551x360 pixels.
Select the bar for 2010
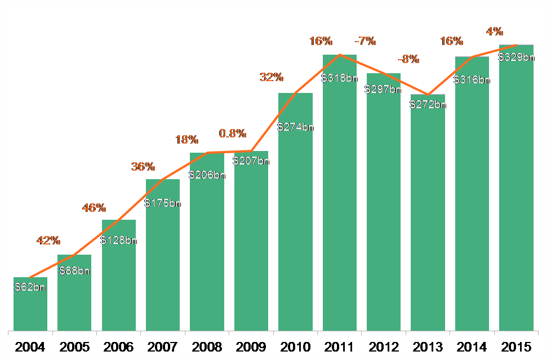point(295,225)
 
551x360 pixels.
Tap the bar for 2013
point(428,225)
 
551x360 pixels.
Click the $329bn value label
point(516,57)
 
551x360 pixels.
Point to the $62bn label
point(30,287)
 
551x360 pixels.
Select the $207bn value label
point(251,161)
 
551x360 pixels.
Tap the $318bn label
point(339,78)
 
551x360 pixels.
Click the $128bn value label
point(118,241)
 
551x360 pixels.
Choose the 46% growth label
point(94,208)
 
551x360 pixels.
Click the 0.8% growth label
point(233,134)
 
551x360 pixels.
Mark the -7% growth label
point(365,41)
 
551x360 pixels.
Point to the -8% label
point(408,59)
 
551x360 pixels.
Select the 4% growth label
point(496,32)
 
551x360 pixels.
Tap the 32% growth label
point(272,77)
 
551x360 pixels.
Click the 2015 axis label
point(516,346)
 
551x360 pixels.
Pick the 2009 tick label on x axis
point(251,346)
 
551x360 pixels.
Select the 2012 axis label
point(384,346)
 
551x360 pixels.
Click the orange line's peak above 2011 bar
point(340,55)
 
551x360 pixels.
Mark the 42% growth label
point(48,241)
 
